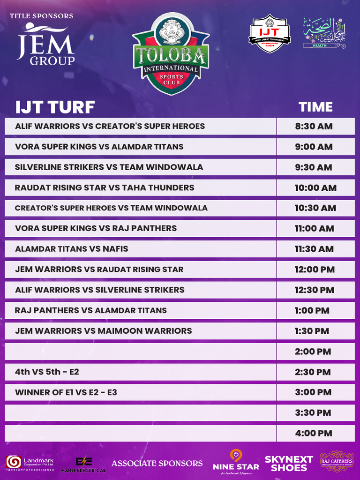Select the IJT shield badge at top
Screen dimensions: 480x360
tap(270, 35)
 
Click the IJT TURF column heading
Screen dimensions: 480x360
tap(55, 107)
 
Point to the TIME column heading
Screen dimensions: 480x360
tap(315, 107)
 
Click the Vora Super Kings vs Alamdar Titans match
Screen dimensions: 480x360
tap(99, 147)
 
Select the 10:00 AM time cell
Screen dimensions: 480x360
tap(315, 187)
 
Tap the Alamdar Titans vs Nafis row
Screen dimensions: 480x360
tap(72, 249)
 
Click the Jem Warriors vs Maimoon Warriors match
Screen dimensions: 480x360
tap(104, 331)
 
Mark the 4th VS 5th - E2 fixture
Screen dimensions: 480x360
tap(47, 372)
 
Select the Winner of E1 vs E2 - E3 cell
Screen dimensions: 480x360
tap(66, 392)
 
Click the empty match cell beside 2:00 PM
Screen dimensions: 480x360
tap(140, 352)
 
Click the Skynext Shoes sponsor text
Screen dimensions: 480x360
tap(289, 464)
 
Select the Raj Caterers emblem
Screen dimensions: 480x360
tap(337, 461)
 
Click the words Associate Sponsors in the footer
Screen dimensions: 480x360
tap(157, 463)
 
